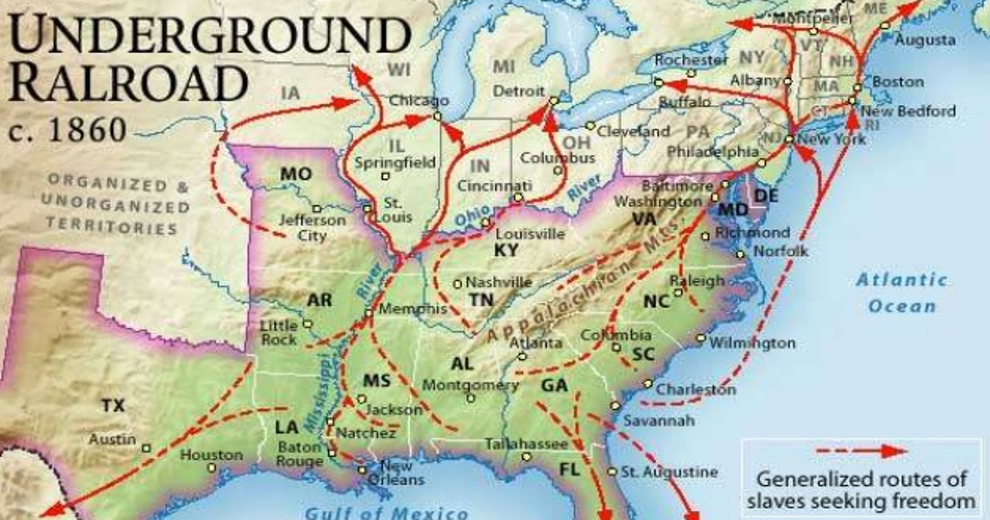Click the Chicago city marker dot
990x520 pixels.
tap(437, 116)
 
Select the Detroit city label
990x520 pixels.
tap(519, 91)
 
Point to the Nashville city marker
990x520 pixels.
tap(457, 284)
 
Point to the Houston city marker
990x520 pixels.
tap(212, 468)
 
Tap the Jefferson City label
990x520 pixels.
tap(312, 228)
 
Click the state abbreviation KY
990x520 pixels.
tap(506, 250)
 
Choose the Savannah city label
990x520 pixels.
tap(659, 420)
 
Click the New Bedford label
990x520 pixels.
tap(908, 111)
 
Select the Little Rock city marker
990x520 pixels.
tap(308, 324)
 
